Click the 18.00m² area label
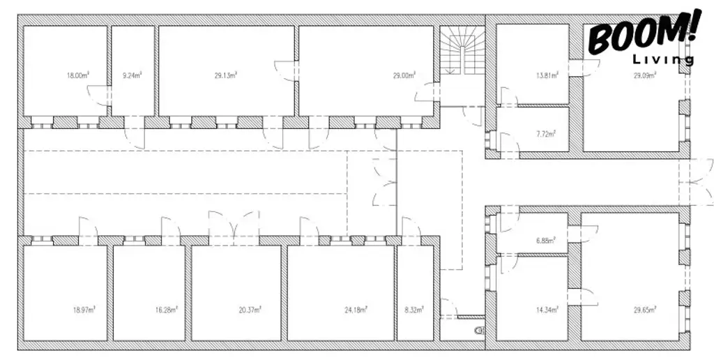point(77,75)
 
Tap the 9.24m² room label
point(132,75)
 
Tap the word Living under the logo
point(662,60)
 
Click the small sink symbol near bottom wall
point(478,331)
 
